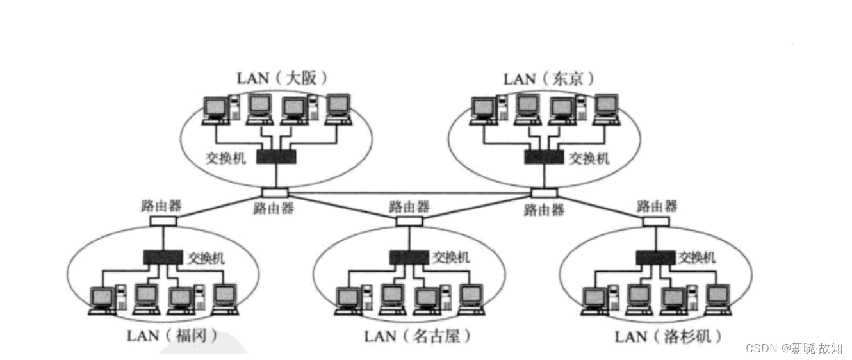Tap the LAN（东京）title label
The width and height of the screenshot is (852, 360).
pyautogui.click(x=549, y=79)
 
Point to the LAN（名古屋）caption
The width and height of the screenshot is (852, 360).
pyautogui.click(x=418, y=336)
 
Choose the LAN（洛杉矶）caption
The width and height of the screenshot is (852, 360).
pyautogui.click(x=668, y=336)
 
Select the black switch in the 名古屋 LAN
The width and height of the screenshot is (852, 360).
pyautogui.click(x=409, y=257)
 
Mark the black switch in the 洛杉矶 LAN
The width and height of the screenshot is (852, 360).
pyautogui.click(x=655, y=257)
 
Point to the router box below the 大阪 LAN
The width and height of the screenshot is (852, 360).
pyautogui.click(x=275, y=193)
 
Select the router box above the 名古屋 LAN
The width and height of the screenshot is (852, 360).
pyautogui.click(x=409, y=221)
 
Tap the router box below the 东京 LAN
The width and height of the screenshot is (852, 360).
pyautogui.click(x=544, y=193)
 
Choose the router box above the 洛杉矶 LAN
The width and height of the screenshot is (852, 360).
pyautogui.click(x=656, y=221)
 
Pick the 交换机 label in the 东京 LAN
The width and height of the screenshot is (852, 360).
pyautogui.click(x=590, y=158)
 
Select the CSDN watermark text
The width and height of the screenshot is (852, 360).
pyautogui.click(x=794, y=348)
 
